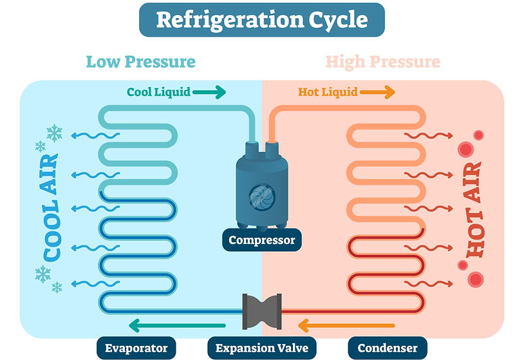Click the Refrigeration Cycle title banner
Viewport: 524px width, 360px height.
pos(261,20)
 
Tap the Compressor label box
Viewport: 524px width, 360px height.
pos(261,240)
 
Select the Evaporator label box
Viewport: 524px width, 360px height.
pos(136,348)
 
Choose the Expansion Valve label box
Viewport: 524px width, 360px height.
pos(261,348)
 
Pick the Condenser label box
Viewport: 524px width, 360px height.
pos(388,348)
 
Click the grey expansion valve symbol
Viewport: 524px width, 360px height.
pos(261,312)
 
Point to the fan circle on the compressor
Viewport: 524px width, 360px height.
pos(261,196)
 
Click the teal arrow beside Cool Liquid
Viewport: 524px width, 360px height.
pos(209,92)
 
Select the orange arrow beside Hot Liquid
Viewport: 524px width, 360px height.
pos(378,92)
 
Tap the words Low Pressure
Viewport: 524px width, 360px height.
pos(141,62)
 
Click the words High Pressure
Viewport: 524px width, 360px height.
pos(382,62)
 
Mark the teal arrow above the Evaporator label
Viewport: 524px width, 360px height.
pos(177,326)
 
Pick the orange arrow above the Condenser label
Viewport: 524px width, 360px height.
pos(346,326)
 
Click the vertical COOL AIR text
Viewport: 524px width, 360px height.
pos(51,207)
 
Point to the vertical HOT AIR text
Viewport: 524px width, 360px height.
pos(474,209)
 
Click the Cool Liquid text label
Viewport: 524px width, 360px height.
pos(158,92)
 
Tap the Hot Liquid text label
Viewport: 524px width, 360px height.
pos(328,92)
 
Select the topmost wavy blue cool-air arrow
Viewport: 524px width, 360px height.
pos(95,135)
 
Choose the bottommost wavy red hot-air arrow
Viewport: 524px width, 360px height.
pos(429,284)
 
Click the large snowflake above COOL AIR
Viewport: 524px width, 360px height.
pos(55,133)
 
